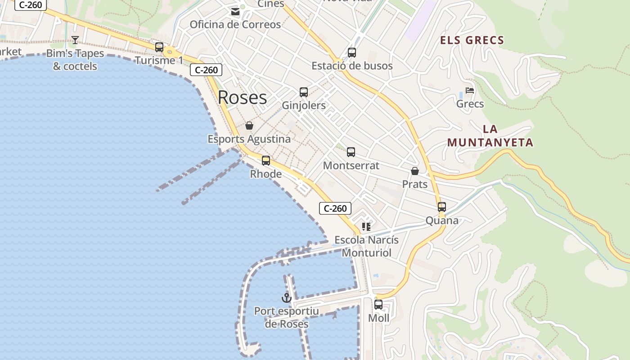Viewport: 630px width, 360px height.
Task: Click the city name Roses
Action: tap(242, 98)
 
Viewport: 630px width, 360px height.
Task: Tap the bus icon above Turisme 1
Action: tap(159, 47)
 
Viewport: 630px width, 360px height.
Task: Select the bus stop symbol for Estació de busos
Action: tap(352, 52)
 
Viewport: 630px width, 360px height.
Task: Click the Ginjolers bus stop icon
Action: tap(304, 92)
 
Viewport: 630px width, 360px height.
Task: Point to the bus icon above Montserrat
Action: tap(351, 152)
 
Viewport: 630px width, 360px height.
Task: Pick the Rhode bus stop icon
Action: tap(266, 160)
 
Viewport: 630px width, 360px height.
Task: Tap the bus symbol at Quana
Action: tap(442, 207)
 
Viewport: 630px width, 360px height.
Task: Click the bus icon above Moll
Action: tap(378, 305)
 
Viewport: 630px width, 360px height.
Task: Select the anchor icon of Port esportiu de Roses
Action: tap(287, 297)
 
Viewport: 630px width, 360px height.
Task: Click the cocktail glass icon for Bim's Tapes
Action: tap(75, 40)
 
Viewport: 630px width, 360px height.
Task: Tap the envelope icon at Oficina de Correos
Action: tap(235, 12)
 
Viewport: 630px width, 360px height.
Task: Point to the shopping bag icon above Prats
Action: tap(415, 171)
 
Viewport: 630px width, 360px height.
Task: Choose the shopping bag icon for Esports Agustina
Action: tap(249, 126)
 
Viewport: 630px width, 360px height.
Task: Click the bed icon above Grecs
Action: tap(470, 90)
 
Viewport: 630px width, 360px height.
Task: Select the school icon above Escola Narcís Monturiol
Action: tap(366, 226)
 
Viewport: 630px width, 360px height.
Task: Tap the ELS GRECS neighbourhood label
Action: tap(472, 40)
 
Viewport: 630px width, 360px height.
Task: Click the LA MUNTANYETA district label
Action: tap(490, 136)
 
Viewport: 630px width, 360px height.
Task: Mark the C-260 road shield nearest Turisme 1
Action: tap(206, 70)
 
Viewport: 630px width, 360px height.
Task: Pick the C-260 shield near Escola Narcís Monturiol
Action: tap(335, 208)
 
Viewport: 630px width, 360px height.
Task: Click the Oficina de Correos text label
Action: tap(235, 24)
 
